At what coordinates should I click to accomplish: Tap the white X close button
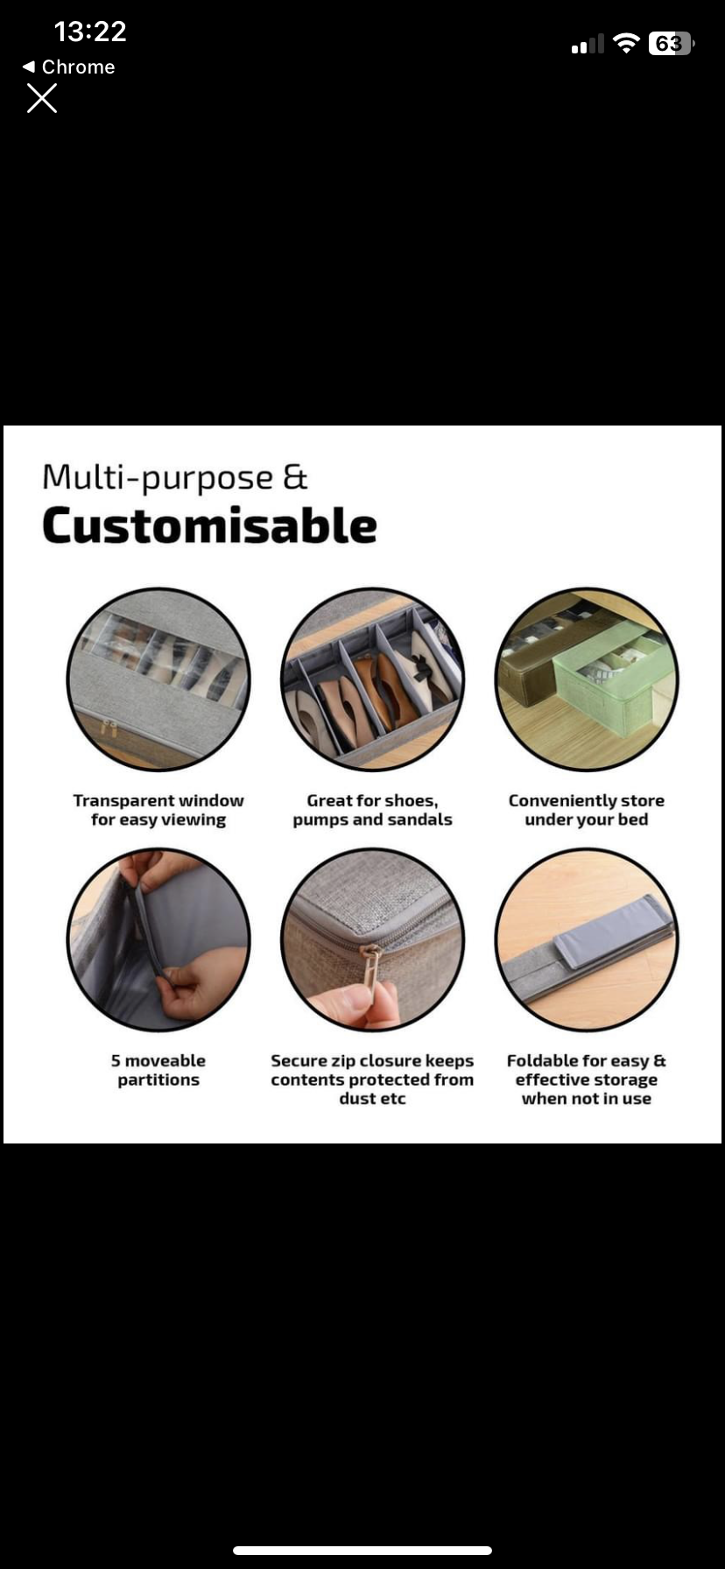(42, 99)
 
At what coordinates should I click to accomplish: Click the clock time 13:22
(90, 32)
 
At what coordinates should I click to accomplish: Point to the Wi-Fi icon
(626, 43)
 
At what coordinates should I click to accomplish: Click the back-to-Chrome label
(68, 67)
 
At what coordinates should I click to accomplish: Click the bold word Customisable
(209, 526)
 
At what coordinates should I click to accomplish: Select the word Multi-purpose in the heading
(158, 478)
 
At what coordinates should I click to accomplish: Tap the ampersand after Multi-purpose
(295, 477)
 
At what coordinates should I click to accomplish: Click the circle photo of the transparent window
(158, 679)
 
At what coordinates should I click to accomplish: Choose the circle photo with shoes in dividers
(372, 679)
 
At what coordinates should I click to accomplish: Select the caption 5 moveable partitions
(158, 1070)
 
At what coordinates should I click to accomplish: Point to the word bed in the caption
(632, 820)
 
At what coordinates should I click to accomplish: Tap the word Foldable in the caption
(542, 1061)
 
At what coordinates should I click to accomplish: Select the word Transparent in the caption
(123, 801)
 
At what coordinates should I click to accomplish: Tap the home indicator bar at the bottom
(362, 1550)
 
